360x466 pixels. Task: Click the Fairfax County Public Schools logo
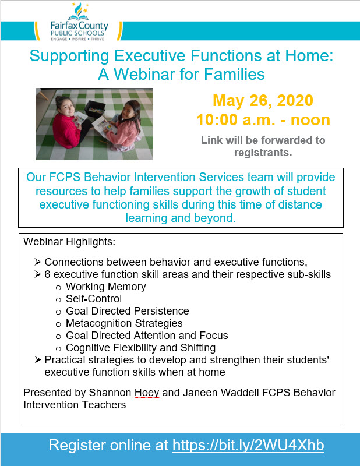pyautogui.click(x=77, y=22)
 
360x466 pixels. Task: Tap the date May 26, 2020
pyautogui.click(x=263, y=100)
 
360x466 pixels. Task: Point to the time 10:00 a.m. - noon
pyautogui.click(x=263, y=120)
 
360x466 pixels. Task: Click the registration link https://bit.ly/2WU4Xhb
pyautogui.click(x=248, y=446)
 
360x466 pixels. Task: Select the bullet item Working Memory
pyautogui.click(x=105, y=287)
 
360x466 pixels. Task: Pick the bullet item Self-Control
pyautogui.click(x=94, y=299)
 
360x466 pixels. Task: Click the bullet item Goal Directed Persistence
pyautogui.click(x=127, y=311)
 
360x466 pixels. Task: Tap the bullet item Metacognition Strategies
pyautogui.click(x=124, y=323)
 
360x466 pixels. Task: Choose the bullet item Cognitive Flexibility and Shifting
pyautogui.click(x=140, y=348)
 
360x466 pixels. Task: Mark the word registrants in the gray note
pyautogui.click(x=263, y=153)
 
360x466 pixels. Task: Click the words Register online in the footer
pyautogui.click(x=108, y=446)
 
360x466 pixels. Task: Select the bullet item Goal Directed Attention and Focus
pyautogui.click(x=147, y=336)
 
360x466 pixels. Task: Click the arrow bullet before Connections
pyautogui.click(x=38, y=262)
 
